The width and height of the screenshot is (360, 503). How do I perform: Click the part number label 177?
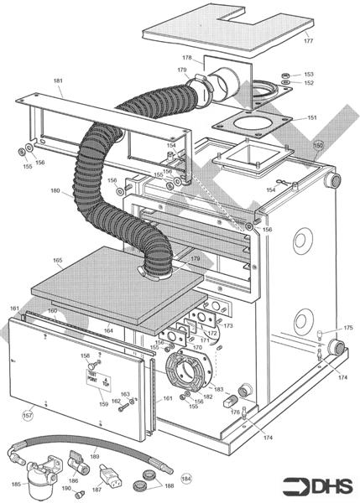click(x=308, y=40)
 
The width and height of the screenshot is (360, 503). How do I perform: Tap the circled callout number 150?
click(x=318, y=144)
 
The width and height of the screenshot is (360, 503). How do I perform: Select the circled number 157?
click(x=27, y=414)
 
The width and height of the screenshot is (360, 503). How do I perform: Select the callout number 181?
click(x=58, y=81)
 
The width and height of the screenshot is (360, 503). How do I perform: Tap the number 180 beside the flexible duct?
click(x=55, y=191)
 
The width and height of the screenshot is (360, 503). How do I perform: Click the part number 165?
click(x=58, y=261)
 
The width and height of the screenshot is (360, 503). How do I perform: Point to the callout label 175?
click(x=348, y=328)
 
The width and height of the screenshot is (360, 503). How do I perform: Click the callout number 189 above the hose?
click(x=95, y=456)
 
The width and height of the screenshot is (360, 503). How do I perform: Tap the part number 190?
click(x=66, y=488)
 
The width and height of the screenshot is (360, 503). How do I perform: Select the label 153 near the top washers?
click(x=309, y=74)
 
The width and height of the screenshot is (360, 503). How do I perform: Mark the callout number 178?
click(x=186, y=58)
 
